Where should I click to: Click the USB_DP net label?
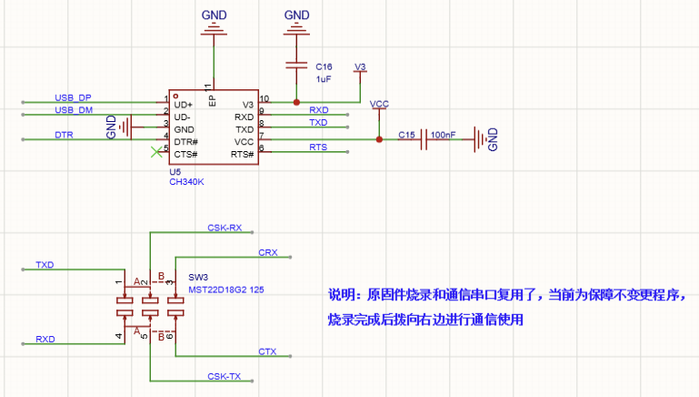pos(73,97)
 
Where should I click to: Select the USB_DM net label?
pos(74,110)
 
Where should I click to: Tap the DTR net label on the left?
pos(64,135)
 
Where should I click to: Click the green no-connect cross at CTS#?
pos(156,152)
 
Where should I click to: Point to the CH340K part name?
pos(186,182)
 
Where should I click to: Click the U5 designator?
pos(175,172)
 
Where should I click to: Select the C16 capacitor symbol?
pos(296,66)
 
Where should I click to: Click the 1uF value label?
pos(324,79)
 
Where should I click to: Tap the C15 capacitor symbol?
pos(424,139)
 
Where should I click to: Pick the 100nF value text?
pos(443,135)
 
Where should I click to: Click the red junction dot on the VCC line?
pos(379,139)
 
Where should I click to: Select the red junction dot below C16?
pos(296,102)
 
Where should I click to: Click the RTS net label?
pos(318,148)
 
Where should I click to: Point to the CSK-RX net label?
pos(225,228)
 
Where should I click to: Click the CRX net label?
pos(268,253)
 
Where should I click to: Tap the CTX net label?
pos(267,351)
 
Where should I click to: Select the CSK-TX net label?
pos(225,376)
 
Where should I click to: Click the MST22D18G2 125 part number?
pos(226,290)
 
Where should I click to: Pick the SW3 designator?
pos(198,278)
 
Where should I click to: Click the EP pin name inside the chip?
pos(212,100)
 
